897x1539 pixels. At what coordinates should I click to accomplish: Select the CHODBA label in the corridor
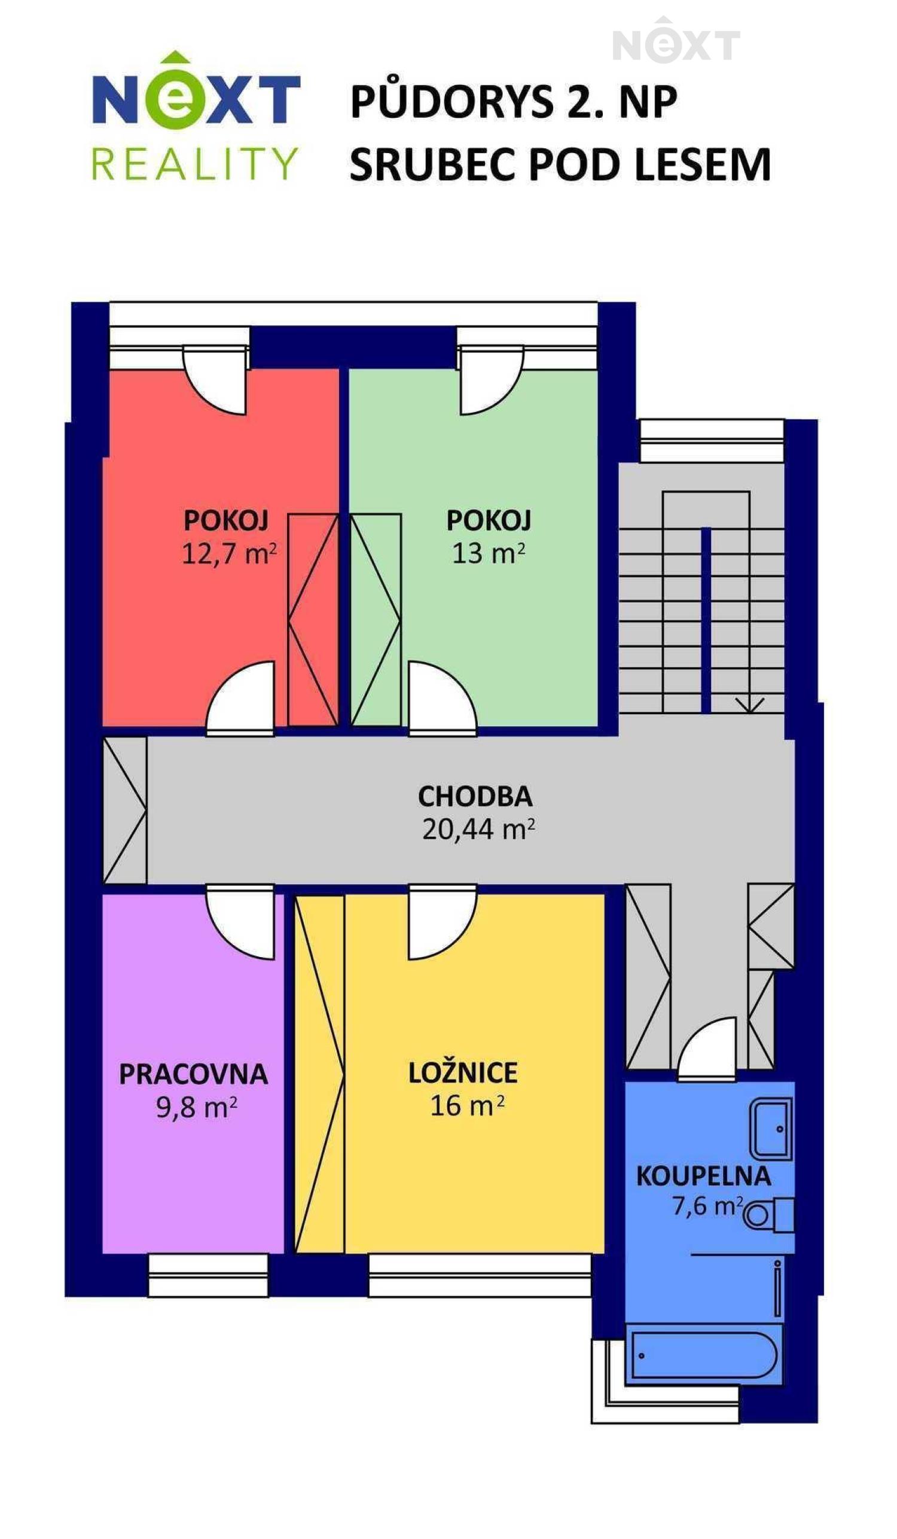coord(475,796)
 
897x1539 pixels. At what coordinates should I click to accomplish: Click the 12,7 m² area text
coord(229,554)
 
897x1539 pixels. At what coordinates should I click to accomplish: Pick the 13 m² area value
coord(488,553)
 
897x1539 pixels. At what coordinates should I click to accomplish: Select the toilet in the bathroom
coord(768,1216)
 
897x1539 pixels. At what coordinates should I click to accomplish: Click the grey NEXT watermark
coord(676,41)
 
